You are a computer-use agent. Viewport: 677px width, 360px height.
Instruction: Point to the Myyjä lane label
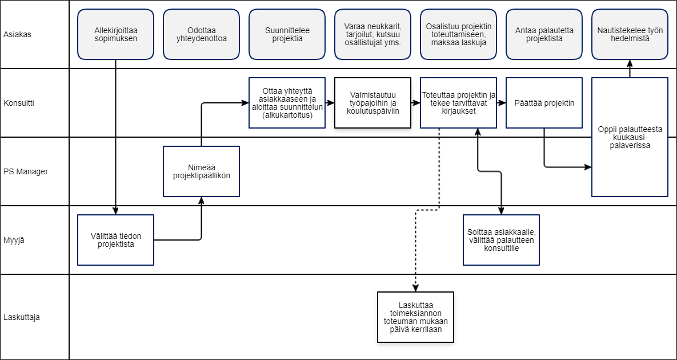13,241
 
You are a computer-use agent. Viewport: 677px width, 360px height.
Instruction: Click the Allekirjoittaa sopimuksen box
116,34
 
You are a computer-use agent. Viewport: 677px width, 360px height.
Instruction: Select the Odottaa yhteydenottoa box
201,34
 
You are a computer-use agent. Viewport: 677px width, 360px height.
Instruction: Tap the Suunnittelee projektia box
287,34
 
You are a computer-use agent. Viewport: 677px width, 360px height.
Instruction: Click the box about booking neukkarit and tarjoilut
372,34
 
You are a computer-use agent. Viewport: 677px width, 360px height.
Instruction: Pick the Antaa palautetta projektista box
544,34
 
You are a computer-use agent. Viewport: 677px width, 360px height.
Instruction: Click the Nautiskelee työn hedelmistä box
630,34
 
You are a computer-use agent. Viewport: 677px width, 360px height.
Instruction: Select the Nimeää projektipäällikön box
201,171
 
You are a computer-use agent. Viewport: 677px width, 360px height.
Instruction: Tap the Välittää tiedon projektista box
116,240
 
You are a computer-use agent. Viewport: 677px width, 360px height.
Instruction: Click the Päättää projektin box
544,103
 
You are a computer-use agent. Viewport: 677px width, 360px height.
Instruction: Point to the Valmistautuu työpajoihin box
372,103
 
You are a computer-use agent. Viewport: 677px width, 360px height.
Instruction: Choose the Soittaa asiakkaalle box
501,240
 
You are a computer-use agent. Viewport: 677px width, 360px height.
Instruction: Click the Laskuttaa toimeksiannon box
416,317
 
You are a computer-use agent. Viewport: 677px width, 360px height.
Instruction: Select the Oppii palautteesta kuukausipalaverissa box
630,137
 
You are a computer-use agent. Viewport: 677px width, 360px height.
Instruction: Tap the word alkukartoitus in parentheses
287,115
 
